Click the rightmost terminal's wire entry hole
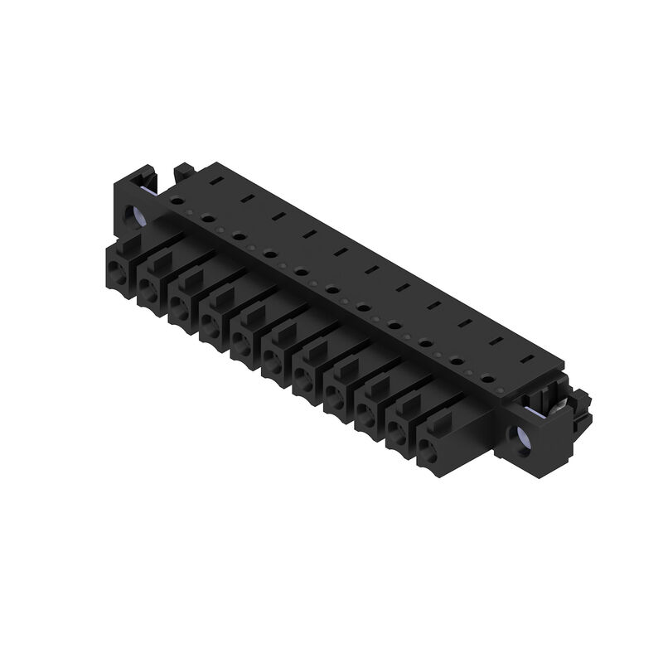(426, 450)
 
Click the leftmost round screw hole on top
(177, 200)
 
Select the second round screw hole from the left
(207, 218)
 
